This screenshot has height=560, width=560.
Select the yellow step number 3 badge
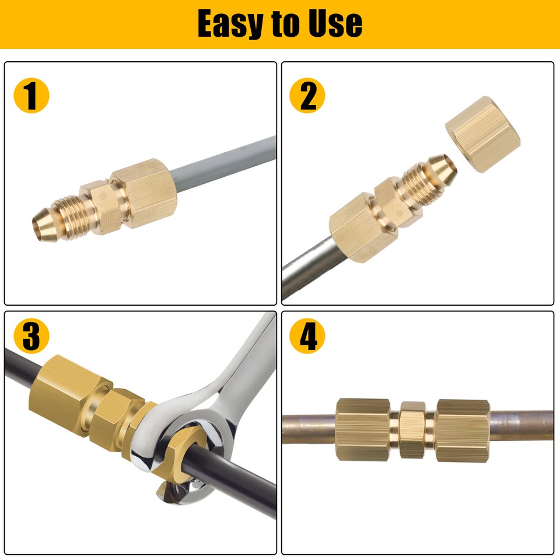pyautogui.click(x=32, y=337)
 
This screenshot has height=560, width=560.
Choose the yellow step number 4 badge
pyautogui.click(x=307, y=337)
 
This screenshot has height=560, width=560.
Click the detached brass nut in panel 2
pyautogui.click(x=482, y=135)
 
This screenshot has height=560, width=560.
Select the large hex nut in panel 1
pyautogui.click(x=144, y=192)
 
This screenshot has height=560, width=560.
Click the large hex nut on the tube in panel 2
pyautogui.click(x=355, y=230)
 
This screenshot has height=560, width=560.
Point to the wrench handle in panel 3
pyautogui.click(x=245, y=362)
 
